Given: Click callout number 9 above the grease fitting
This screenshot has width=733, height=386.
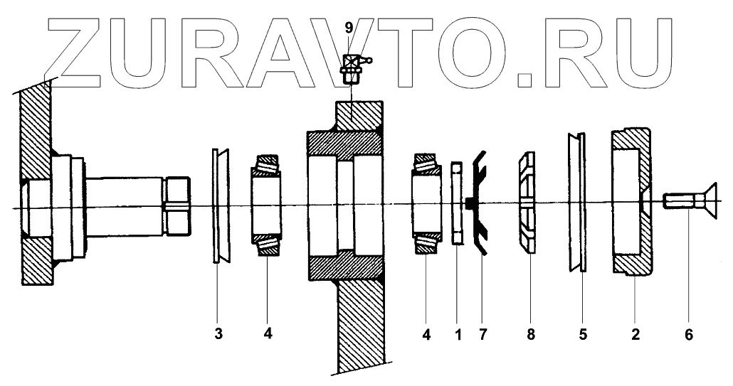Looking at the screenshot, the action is [348, 28].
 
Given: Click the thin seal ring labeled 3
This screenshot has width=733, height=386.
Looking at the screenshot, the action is [216, 206].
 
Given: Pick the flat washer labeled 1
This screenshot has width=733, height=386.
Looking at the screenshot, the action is [457, 203].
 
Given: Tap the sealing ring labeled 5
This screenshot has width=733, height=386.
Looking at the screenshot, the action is [577, 203].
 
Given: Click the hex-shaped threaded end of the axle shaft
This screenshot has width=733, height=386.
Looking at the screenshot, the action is [178, 207].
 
